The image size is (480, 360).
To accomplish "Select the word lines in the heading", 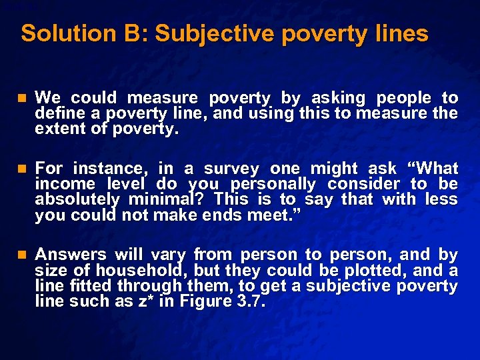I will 401,33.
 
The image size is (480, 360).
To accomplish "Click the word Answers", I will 70,254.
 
